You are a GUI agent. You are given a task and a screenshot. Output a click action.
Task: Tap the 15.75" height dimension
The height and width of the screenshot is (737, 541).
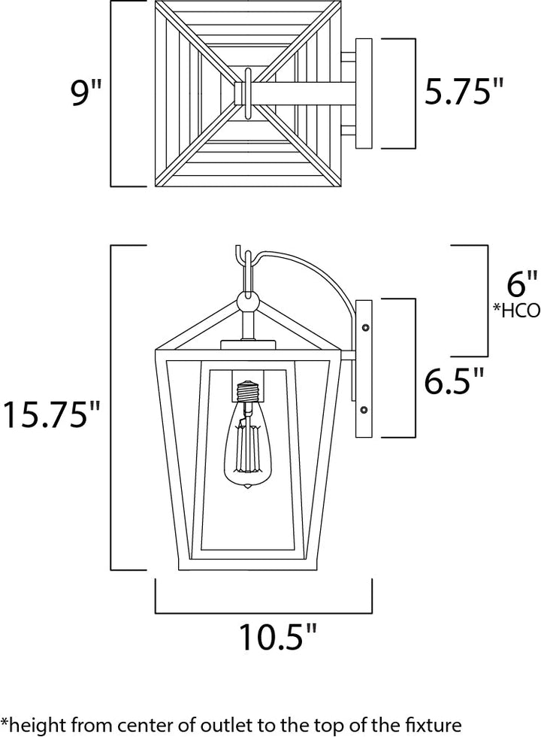click(52, 414)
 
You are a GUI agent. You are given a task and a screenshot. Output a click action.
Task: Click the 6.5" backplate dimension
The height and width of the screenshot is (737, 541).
click(454, 381)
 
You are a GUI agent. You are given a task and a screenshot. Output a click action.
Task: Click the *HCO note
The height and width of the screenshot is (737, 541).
click(516, 310)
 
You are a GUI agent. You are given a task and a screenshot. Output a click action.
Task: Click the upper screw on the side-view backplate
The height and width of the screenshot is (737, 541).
click(365, 326)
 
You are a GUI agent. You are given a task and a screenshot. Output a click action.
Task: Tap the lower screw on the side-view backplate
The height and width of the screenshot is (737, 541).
click(364, 411)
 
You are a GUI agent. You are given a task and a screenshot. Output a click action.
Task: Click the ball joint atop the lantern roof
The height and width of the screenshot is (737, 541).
click(247, 301)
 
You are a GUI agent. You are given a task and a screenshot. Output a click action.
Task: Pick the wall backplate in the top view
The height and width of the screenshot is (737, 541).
click(364, 93)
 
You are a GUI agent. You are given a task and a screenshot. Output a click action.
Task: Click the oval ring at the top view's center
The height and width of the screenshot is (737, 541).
click(248, 93)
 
